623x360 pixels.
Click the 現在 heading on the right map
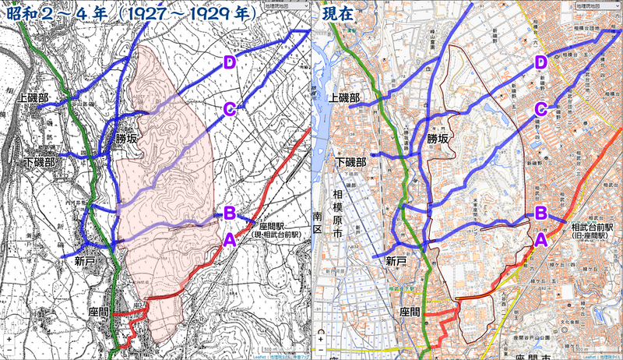pos(343,14)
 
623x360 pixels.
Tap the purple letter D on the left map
pos(229,62)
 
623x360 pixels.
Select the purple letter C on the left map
pos(229,109)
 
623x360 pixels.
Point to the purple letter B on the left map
pos(230,213)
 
